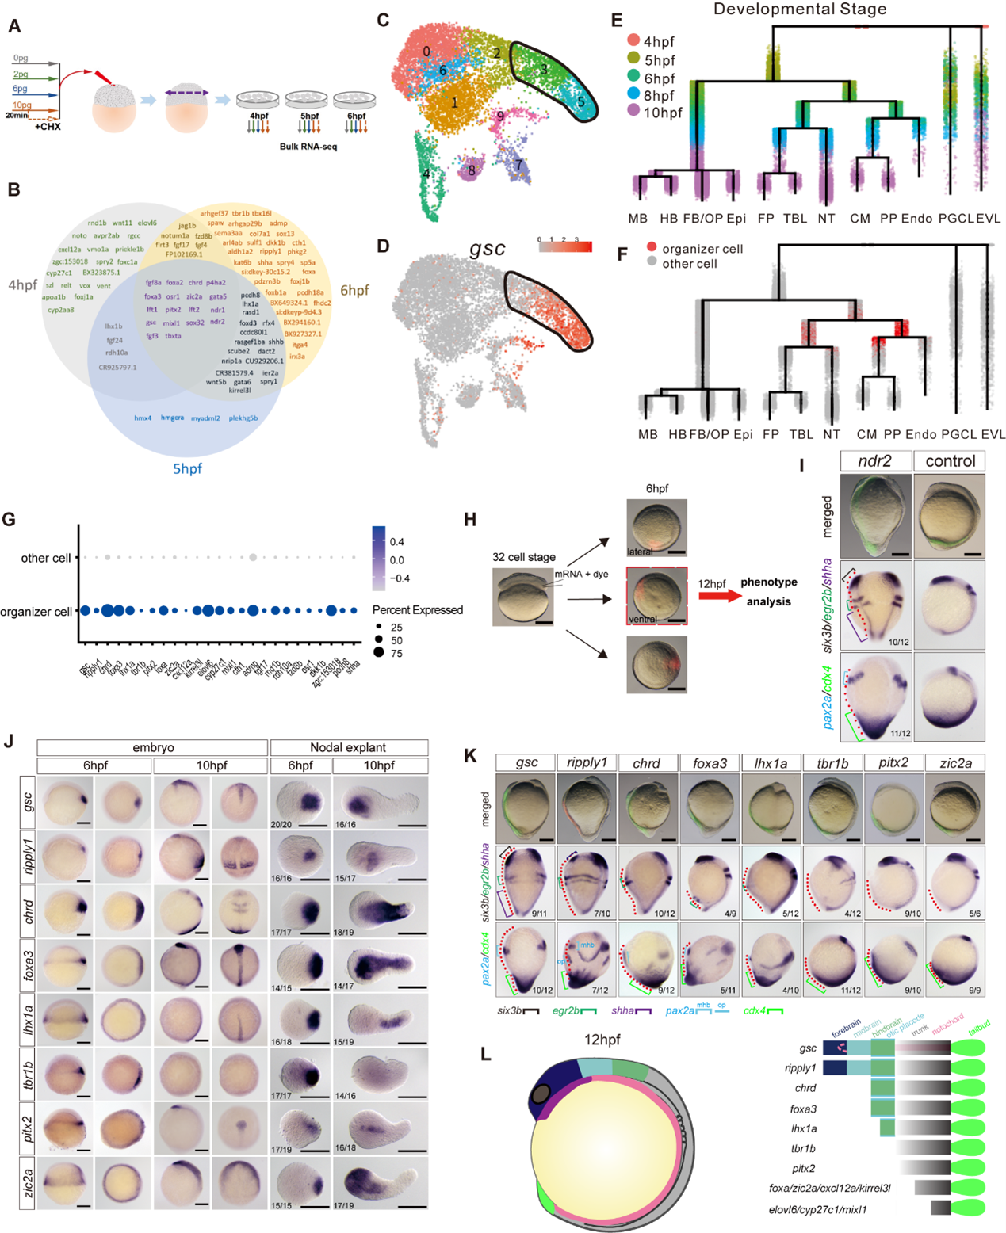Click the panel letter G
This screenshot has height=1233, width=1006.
click(x=10, y=520)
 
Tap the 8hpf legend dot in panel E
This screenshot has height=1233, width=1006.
click(x=633, y=95)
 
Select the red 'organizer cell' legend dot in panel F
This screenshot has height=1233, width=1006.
click(x=652, y=248)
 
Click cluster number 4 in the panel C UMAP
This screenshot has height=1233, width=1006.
click(x=426, y=174)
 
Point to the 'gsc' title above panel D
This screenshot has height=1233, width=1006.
click(x=487, y=249)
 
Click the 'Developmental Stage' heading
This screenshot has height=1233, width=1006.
click(x=800, y=10)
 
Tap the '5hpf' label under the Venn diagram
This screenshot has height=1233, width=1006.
click(x=188, y=468)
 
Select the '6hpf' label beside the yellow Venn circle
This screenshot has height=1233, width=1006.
click(x=354, y=290)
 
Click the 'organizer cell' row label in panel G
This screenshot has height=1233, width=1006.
click(x=36, y=612)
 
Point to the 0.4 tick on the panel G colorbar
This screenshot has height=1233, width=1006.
click(x=397, y=542)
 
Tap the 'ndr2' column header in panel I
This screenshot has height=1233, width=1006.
click(x=874, y=461)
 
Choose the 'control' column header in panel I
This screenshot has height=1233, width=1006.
click(x=950, y=461)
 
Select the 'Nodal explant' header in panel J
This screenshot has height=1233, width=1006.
click(x=348, y=747)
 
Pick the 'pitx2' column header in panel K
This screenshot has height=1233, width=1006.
click(x=893, y=762)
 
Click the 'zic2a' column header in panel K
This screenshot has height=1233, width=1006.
click(x=955, y=762)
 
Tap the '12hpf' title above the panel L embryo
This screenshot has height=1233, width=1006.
click(x=602, y=1040)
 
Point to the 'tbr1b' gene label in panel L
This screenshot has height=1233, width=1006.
click(x=803, y=1148)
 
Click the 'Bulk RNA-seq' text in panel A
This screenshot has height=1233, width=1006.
click(x=308, y=147)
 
